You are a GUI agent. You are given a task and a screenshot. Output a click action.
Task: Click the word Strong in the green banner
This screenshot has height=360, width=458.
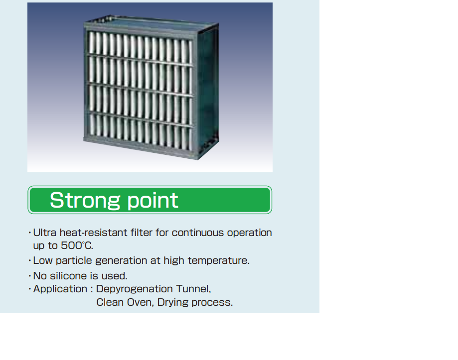pyautogui.click(x=85, y=201)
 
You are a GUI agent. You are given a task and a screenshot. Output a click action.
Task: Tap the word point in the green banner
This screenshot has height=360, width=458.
pyautogui.click(x=153, y=201)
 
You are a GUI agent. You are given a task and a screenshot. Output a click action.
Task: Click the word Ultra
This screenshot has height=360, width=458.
pyautogui.click(x=45, y=233)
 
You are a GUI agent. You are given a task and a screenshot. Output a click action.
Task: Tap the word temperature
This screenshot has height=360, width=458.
pyautogui.click(x=218, y=260)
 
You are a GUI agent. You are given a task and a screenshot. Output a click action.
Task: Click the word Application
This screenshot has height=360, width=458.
pyautogui.click(x=60, y=289)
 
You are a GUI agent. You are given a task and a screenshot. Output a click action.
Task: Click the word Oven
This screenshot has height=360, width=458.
pyautogui.click(x=141, y=302)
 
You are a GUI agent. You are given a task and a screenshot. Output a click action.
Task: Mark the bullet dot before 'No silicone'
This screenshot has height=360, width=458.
pyautogui.click(x=30, y=276)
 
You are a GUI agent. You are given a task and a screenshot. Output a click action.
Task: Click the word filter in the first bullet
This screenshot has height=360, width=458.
pyautogui.click(x=142, y=233)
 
